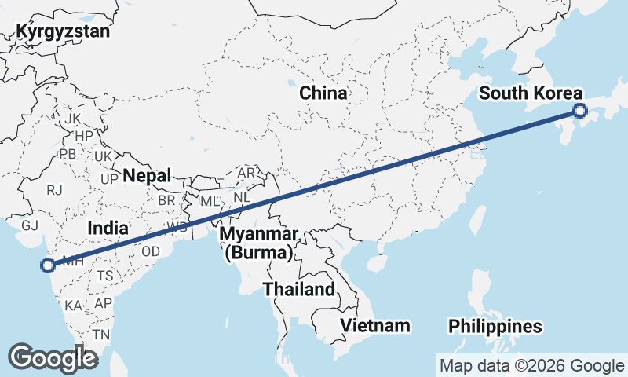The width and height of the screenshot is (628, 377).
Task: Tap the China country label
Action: coord(323,93)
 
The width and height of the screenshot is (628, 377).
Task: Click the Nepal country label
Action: coord(147,175)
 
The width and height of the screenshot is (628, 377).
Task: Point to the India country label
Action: coord(108,228)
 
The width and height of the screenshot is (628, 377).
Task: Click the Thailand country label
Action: coord(298,289)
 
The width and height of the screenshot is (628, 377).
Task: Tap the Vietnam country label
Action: coord(376,325)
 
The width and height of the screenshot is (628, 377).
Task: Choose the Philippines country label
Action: coord(495,326)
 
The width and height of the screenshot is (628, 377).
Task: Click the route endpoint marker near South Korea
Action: coord(580,111)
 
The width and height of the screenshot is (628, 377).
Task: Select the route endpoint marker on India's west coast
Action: coord(49,265)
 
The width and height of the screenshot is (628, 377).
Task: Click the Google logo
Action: coord(53,357)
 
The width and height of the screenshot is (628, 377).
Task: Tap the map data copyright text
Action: coord(531,365)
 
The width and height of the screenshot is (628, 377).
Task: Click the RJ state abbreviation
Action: coord(54,190)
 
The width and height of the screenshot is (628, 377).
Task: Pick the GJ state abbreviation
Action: coord(30,225)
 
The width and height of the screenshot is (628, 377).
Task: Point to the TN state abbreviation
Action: coord(100,334)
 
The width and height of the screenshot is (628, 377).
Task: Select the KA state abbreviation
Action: coord(74,305)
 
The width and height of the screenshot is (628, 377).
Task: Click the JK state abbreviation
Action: coord(73,119)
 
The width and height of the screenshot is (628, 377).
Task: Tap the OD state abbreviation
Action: coord(151,251)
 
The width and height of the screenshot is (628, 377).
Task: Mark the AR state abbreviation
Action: coord(246,172)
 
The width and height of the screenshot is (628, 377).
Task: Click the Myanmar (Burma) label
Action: coord(258,243)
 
